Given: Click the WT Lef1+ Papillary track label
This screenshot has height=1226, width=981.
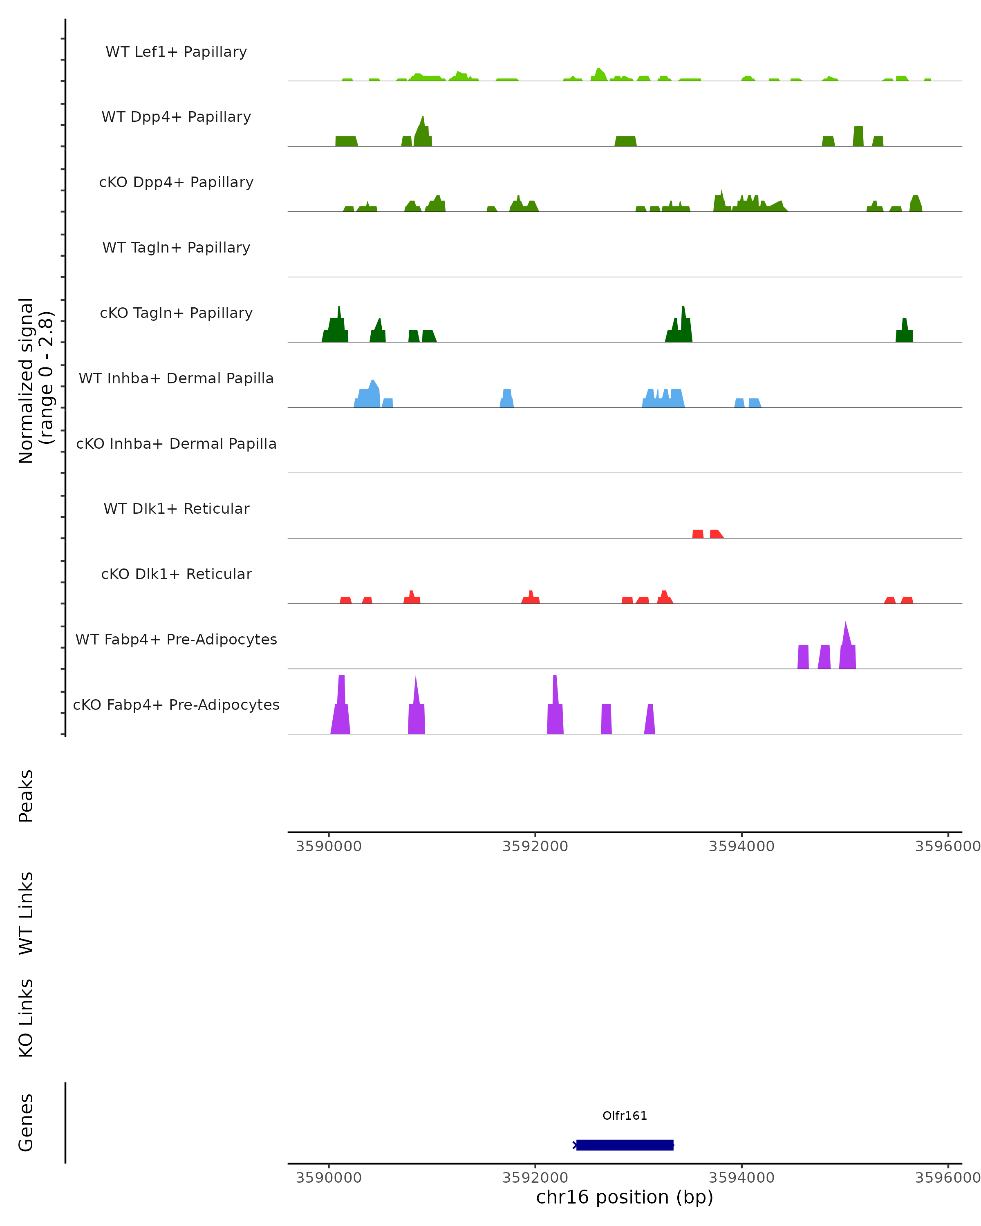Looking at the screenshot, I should (176, 52).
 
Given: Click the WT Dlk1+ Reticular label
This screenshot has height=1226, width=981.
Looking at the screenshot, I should (176, 508).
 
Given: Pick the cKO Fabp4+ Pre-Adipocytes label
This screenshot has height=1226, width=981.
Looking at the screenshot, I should (176, 705).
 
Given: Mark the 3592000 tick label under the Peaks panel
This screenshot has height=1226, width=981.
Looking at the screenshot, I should (535, 846).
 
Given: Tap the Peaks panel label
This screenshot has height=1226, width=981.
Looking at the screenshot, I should (26, 796).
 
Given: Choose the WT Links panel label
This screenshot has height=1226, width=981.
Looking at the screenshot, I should (26, 913).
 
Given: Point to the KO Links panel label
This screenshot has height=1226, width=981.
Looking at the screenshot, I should (26, 1018).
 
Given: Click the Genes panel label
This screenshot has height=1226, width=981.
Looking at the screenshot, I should (26, 1123).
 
